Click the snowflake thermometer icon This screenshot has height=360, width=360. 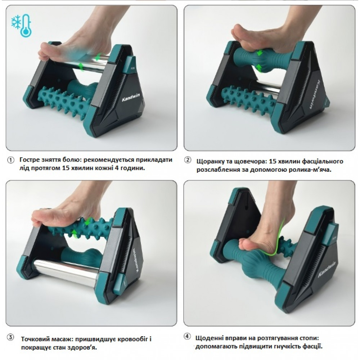point(22,26)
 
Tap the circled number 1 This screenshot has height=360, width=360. point(10,160)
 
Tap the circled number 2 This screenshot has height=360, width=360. point(188,160)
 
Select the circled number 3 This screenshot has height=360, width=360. point(10,338)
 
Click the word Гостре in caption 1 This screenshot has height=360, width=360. point(30,160)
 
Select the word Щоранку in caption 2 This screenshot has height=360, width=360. point(210,161)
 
